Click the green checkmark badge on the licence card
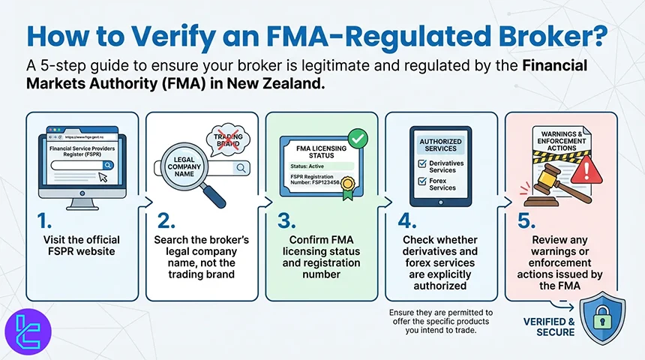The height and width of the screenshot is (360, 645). click(356, 138)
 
